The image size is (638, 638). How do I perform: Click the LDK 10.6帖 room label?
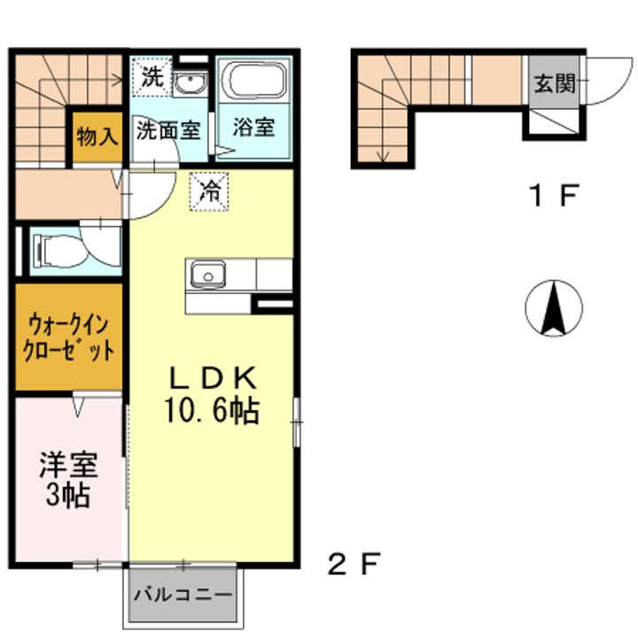tap(214, 395)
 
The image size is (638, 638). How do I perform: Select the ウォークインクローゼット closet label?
tap(69, 336)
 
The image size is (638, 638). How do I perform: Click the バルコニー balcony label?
tap(183, 595)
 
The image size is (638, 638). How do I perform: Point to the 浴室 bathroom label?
tap(253, 127)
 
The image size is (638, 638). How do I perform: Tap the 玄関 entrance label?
tap(555, 83)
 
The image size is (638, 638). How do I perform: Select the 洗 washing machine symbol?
tap(151, 77)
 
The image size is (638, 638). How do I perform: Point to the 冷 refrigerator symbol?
tap(210, 189)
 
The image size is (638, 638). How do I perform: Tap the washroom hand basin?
tap(188, 83)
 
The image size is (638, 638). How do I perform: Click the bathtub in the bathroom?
tap(254, 82)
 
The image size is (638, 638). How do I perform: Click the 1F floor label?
tap(553, 194)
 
